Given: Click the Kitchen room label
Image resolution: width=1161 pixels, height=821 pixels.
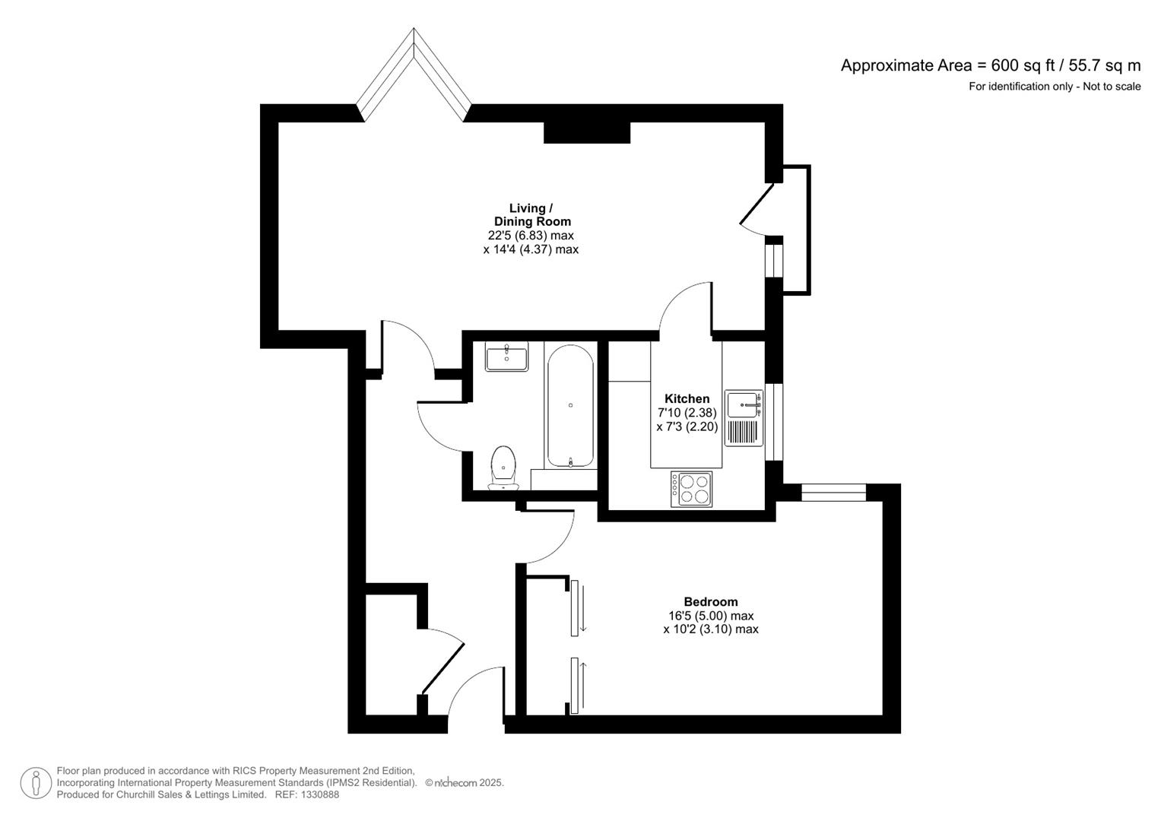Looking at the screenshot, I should (687, 398).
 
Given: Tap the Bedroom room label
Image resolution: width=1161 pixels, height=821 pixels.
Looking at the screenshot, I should (710, 601).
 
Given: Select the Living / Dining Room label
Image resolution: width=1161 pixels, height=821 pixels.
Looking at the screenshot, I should (531, 214).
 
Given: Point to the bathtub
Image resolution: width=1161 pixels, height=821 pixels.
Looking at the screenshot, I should (570, 406).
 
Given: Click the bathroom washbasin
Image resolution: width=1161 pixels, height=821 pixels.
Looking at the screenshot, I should (506, 357).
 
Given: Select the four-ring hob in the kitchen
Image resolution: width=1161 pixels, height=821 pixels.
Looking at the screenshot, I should (691, 489).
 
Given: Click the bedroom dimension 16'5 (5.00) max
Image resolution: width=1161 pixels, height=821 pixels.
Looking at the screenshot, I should (710, 616).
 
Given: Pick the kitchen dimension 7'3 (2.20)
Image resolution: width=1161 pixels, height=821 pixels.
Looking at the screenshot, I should (687, 426).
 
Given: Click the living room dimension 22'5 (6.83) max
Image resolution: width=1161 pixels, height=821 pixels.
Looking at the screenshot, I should (531, 236).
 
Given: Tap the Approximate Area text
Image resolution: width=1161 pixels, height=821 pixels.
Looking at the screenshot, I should (990, 65).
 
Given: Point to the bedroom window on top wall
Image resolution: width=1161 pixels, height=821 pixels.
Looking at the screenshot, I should (833, 493).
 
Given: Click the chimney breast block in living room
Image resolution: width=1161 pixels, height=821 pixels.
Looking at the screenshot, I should (587, 132).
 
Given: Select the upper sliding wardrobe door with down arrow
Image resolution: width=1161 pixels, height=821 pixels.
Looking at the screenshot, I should (576, 607).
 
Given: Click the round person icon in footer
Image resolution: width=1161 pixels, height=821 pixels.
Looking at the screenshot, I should (36, 783).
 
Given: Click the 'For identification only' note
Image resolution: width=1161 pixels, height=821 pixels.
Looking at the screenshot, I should (1054, 87).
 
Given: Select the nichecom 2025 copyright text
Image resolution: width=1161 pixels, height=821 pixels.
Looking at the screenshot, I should (464, 783).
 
